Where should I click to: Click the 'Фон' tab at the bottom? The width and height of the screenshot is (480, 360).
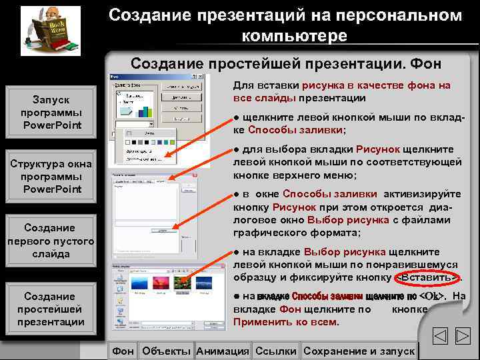pyautogui.click(x=123, y=351)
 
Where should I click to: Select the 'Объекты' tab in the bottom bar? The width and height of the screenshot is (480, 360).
pyautogui.click(x=166, y=351)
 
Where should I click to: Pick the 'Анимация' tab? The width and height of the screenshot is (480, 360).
pyautogui.click(x=223, y=351)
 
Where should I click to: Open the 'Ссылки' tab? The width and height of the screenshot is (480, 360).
pyautogui.click(x=275, y=351)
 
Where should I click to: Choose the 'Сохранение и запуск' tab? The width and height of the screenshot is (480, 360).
pyautogui.click(x=359, y=351)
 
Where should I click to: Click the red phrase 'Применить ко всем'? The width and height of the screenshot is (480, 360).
pyautogui.click(x=285, y=322)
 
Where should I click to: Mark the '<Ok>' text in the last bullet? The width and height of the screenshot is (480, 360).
pyautogui.click(x=433, y=297)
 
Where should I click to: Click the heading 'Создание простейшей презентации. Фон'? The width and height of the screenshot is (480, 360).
pyautogui.click(x=285, y=63)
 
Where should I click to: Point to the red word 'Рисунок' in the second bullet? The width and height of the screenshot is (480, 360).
pyautogui.click(x=377, y=149)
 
